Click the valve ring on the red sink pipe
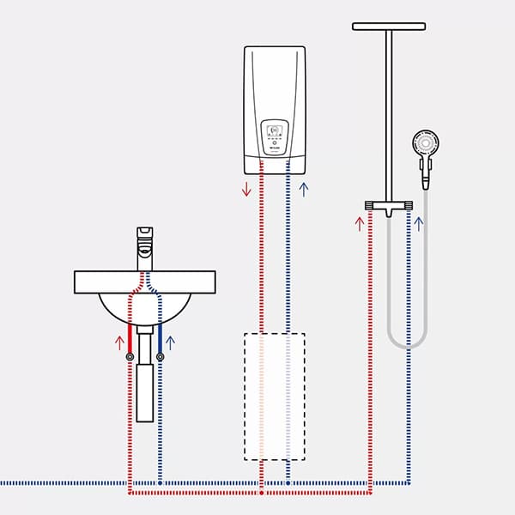[x=130, y=356]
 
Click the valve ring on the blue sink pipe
[x=160, y=356]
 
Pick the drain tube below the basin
[x=144, y=391]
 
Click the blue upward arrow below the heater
[x=302, y=188]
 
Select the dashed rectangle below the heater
[x=274, y=394]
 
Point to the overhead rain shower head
[x=389, y=27]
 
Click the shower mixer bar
[x=389, y=206]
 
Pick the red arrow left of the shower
[x=360, y=225]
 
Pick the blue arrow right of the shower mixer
[x=419, y=225]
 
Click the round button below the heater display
[x=275, y=146]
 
